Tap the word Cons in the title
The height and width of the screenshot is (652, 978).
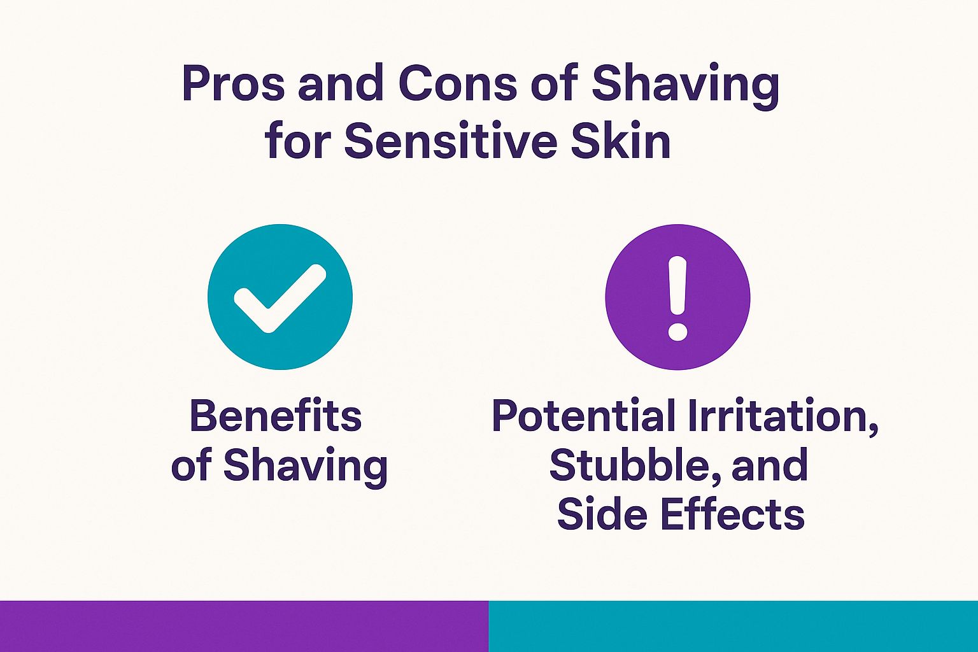(x=458, y=84)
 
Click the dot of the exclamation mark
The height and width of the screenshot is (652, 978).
(x=677, y=331)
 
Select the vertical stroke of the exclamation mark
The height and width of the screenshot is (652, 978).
(x=677, y=286)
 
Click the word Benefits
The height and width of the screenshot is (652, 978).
(x=276, y=416)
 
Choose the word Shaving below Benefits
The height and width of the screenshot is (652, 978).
(x=305, y=466)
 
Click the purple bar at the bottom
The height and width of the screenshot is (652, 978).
(x=244, y=626)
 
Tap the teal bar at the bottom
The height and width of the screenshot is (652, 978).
(x=733, y=626)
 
